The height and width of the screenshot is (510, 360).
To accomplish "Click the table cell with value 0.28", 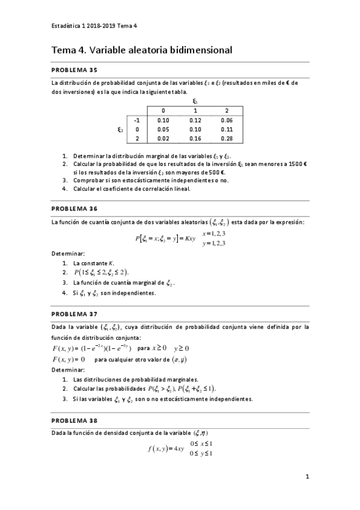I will [x=226, y=138].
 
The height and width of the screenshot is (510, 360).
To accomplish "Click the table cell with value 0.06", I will [x=226, y=120].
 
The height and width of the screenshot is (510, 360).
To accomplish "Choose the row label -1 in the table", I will [x=137, y=120].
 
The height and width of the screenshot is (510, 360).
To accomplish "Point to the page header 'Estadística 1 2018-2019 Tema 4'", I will [x=94, y=25].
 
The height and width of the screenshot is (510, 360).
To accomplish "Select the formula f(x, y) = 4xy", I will [x=166, y=448].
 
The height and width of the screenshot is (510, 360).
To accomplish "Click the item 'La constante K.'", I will [x=93, y=263].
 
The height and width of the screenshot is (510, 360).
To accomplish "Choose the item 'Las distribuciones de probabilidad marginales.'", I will [x=135, y=379].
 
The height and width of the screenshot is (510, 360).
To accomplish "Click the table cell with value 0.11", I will [x=226, y=129].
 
